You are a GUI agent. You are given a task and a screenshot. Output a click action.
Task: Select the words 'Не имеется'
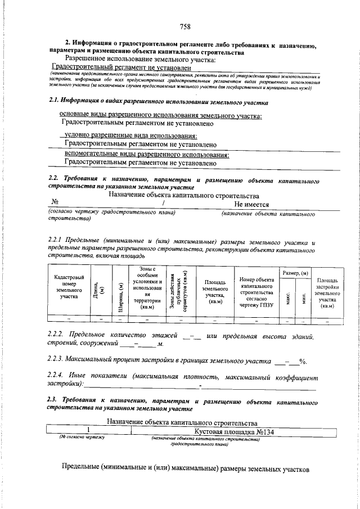(251, 205)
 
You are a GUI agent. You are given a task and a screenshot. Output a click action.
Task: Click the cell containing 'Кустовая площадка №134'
(233, 431)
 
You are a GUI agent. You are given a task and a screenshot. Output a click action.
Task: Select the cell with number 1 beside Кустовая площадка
(88, 431)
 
